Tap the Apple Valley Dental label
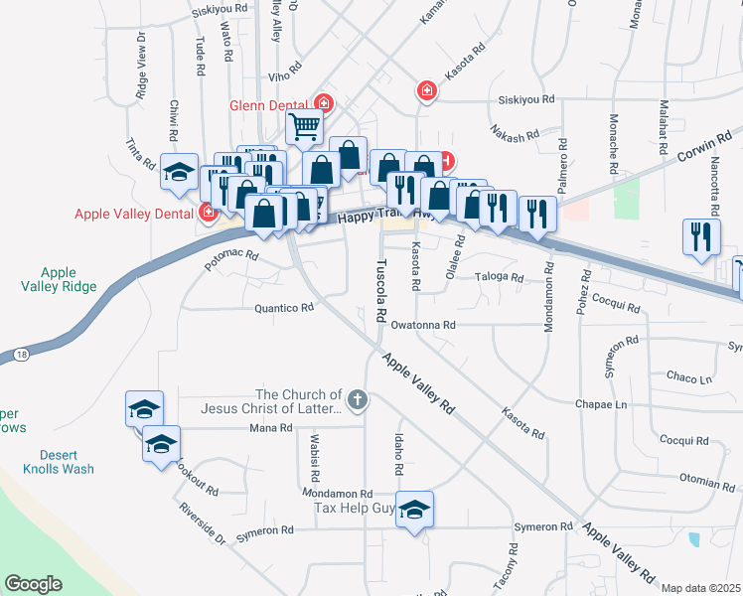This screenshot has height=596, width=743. (x=136, y=213)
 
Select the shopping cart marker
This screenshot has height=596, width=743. (x=304, y=127)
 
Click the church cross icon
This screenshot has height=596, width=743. (x=358, y=400)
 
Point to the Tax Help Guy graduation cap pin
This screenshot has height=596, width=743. (x=415, y=509)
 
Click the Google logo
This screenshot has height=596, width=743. (x=33, y=584)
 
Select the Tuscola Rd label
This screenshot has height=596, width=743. (x=380, y=290)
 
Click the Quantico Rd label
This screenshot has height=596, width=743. (x=284, y=308)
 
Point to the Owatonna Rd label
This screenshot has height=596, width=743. (x=422, y=325)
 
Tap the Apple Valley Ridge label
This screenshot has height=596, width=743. (x=68, y=279)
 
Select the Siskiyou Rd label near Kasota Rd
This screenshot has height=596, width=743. (x=525, y=99)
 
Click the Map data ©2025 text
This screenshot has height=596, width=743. (x=700, y=588)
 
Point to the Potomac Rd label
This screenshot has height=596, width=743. (x=230, y=259)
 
